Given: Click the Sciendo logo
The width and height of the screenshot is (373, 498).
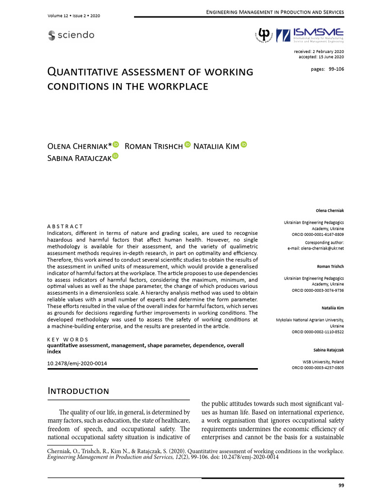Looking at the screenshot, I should click(71, 35).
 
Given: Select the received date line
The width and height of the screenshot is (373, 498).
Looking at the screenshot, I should click(319, 52).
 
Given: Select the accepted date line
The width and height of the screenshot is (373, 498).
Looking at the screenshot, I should click(321, 57).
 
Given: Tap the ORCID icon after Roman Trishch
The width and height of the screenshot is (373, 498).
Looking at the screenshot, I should click(187, 145).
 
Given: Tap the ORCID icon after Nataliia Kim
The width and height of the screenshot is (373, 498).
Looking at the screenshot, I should click(244, 145).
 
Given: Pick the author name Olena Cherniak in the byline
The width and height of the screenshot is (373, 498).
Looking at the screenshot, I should click(79, 146).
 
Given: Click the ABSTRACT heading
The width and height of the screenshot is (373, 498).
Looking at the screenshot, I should click(65, 226).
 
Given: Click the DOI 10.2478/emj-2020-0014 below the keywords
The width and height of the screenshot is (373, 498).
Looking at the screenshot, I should click(77, 363).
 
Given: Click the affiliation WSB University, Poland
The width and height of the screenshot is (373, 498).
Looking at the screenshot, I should click(323, 362).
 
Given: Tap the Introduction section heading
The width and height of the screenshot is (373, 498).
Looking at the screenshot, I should click(78, 391).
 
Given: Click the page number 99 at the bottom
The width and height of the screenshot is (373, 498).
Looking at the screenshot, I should click(340, 485).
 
